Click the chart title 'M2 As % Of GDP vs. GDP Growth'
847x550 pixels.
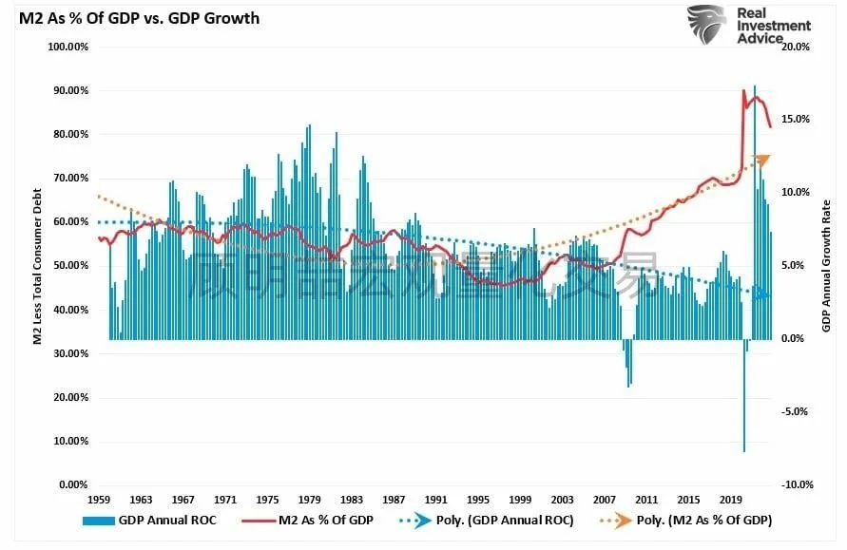[x=133, y=18]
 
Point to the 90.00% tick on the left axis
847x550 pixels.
[x=68, y=90]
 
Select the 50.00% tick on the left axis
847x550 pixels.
[x=68, y=266]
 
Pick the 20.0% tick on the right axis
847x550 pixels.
[x=795, y=47]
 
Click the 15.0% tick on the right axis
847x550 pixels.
[x=795, y=120]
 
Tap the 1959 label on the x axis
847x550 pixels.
[x=100, y=499]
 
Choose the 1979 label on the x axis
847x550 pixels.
[x=310, y=499]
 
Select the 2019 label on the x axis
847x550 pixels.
[x=731, y=499]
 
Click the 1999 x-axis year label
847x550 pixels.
[x=520, y=499]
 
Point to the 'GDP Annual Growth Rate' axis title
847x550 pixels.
[x=826, y=266]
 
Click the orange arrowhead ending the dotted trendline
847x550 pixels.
[x=761, y=160]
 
